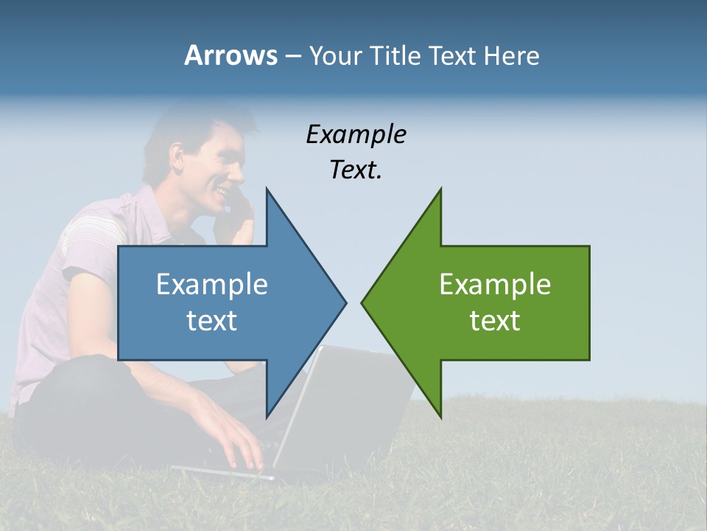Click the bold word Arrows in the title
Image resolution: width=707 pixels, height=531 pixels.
(x=230, y=55)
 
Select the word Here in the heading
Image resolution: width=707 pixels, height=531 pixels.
(x=512, y=56)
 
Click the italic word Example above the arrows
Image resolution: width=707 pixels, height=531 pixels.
(x=356, y=134)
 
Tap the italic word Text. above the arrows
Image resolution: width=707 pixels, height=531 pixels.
(x=356, y=170)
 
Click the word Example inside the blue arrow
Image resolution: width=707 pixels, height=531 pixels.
(x=212, y=285)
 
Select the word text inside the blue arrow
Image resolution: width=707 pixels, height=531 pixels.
(x=211, y=321)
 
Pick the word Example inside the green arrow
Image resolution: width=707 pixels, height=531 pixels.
(x=495, y=285)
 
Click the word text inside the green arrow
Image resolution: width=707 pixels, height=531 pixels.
(x=495, y=321)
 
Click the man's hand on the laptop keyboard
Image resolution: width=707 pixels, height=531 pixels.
(x=236, y=442)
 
